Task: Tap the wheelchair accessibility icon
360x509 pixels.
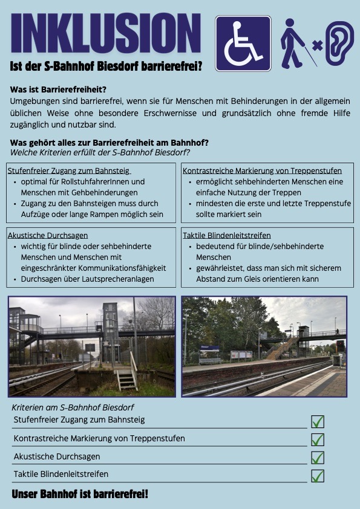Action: point(243,43)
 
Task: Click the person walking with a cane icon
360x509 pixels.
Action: point(296,43)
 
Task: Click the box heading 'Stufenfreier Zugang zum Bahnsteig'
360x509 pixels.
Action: point(69,170)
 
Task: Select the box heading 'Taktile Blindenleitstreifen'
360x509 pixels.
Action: point(227,235)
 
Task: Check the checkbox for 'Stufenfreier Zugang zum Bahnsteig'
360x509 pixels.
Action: point(317,421)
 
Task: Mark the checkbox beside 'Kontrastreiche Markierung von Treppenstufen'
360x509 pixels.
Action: point(317,439)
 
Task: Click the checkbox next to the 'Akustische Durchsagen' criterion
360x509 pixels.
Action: point(317,458)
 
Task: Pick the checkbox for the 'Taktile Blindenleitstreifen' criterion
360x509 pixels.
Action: point(317,476)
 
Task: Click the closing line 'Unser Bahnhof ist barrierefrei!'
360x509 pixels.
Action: point(80,494)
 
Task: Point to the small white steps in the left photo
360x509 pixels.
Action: point(126,379)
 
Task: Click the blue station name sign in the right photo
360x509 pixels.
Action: point(209,348)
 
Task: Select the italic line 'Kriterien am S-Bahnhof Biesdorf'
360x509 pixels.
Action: point(73,407)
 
